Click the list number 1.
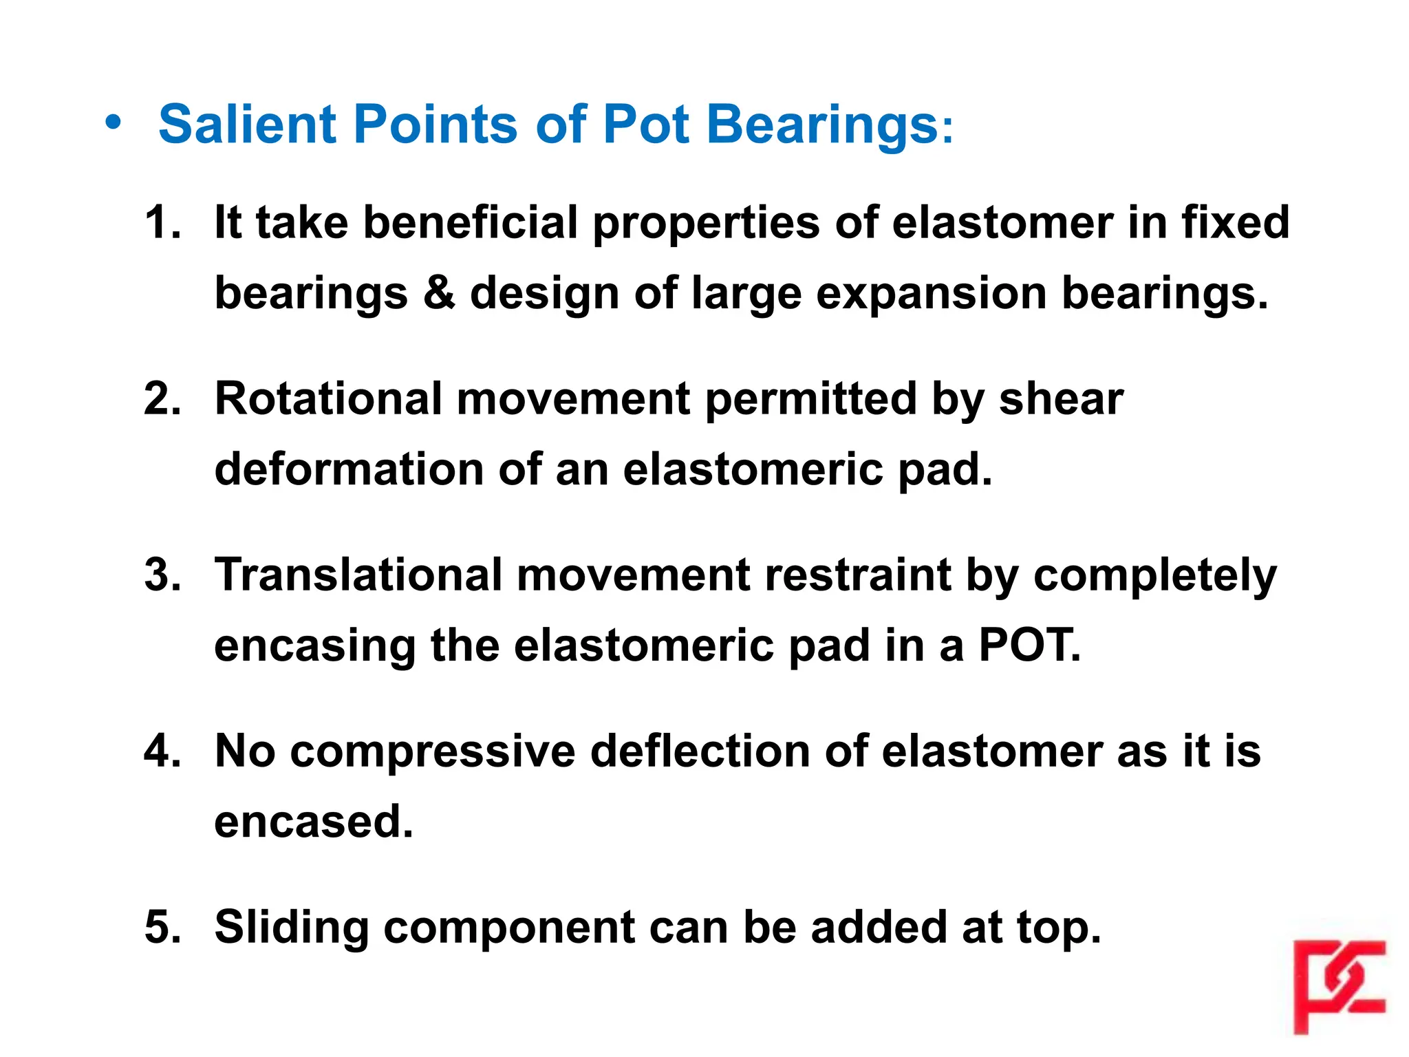[x=163, y=222]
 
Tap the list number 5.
[x=163, y=926]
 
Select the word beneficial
[x=470, y=222]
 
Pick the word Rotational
[x=328, y=398]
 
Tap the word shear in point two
[x=1060, y=398]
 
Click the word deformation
[x=349, y=469]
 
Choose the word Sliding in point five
[x=292, y=928]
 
